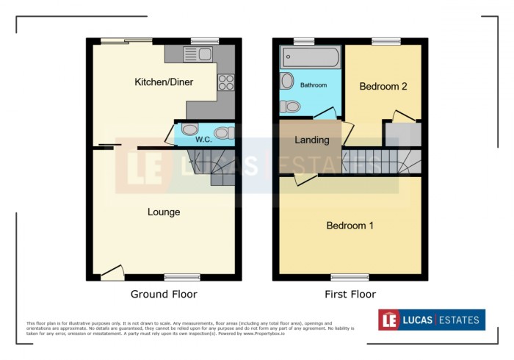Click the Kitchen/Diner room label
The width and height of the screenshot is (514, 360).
pos(164,82)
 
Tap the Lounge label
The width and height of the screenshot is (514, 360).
pos(164,212)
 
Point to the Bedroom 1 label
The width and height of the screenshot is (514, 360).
pos(350,226)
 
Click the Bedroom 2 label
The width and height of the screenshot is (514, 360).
pos(383,87)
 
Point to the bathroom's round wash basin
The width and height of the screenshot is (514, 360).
pos(287,80)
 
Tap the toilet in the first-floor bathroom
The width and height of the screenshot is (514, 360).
pos(291,107)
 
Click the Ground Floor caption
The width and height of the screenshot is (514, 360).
pos(164,294)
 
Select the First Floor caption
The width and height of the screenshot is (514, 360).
pos(350,294)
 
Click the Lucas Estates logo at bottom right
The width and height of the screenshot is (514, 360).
pos(431,320)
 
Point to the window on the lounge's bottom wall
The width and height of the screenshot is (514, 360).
pos(181,278)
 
